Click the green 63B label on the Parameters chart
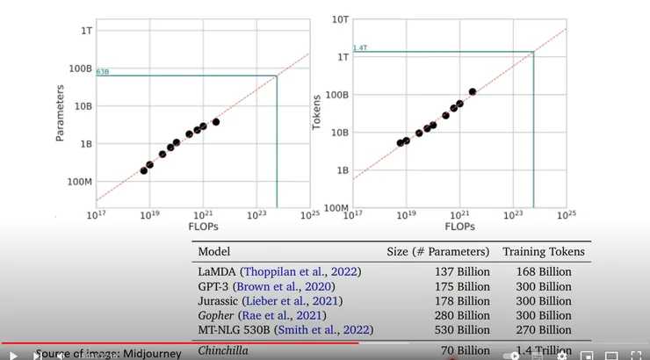[x=102, y=72]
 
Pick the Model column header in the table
[x=214, y=252]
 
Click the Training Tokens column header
[x=544, y=252]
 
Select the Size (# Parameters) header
[x=437, y=252]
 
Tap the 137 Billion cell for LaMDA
[x=462, y=271]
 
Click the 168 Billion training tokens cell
[x=544, y=271]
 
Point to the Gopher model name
[x=216, y=315]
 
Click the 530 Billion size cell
[x=462, y=330]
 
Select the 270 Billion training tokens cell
[x=544, y=330]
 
